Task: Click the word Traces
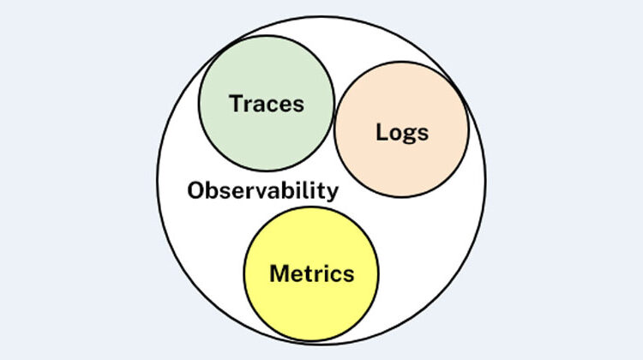[267, 104]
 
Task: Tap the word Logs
[402, 133]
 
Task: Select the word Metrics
[312, 273]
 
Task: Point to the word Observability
[263, 190]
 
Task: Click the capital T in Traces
[237, 104]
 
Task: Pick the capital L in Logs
[382, 132]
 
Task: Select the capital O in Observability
[195, 190]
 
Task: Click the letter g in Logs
[409, 135]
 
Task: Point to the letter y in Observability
[332, 193]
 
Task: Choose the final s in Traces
[299, 106]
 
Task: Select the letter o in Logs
[395, 135]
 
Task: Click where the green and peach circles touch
[334, 114]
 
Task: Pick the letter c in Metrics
[338, 276]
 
